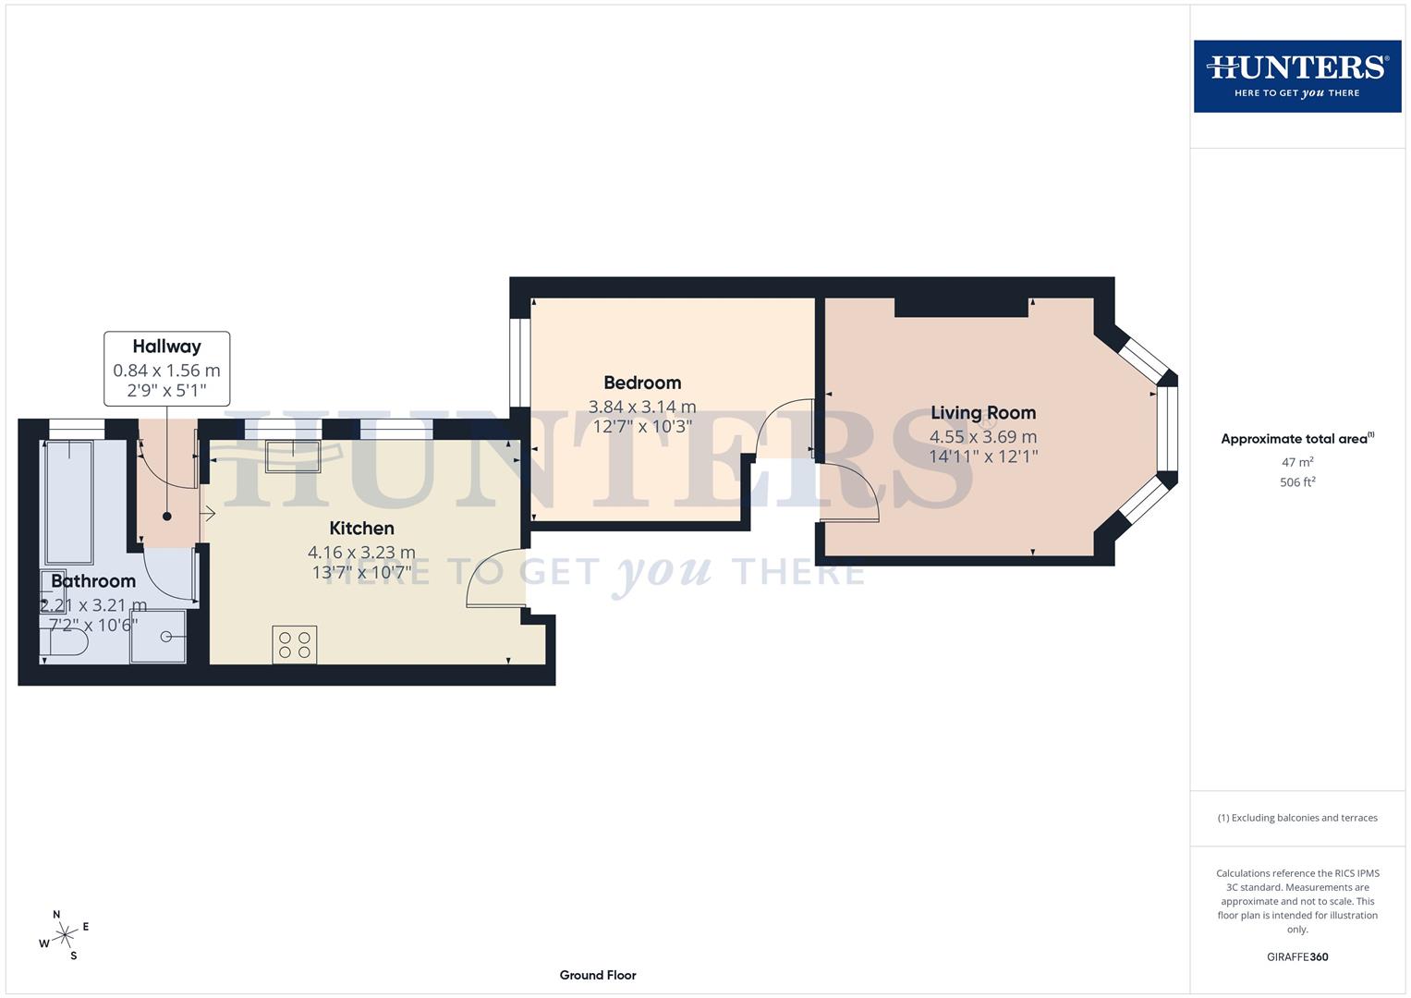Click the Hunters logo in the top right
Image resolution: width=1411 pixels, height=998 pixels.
point(1296,76)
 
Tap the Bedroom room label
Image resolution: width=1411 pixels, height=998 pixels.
point(642,383)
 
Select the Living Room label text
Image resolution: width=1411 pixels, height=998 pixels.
point(983,413)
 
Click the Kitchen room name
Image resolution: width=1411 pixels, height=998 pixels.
point(361,529)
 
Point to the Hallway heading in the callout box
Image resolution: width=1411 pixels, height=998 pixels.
point(166,347)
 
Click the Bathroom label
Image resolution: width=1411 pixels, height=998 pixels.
point(93,581)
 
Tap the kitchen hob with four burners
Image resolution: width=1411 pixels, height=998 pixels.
point(295,645)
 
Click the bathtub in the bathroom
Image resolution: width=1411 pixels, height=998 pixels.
point(69,502)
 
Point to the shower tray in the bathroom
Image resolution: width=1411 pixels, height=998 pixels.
point(158,636)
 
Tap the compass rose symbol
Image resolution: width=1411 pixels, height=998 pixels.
point(64,935)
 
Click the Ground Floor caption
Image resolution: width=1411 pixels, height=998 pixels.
point(598,975)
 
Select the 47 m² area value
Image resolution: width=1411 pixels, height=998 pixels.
point(1297,462)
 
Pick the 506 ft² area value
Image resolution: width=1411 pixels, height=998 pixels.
point(1297,482)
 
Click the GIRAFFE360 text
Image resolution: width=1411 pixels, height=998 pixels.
point(1297,957)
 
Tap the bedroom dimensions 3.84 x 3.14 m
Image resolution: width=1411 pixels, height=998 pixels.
point(642,407)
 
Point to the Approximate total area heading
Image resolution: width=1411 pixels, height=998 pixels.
point(1296,439)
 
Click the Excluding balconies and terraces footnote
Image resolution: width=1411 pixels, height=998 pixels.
point(1297,818)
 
